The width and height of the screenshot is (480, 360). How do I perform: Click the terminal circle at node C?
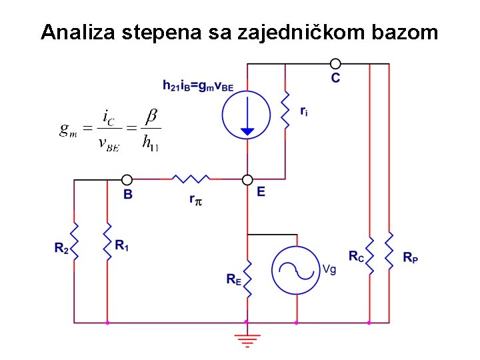(335, 64)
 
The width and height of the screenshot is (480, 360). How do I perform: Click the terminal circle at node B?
(127, 179)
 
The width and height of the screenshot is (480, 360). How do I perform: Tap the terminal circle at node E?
(247, 179)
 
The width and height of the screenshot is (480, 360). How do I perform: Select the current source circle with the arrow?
(247, 113)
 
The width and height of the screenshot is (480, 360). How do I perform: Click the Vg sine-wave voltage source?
(296, 269)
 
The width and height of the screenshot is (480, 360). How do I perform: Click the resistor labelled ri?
(285, 112)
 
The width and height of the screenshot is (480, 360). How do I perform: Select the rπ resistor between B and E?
(191, 179)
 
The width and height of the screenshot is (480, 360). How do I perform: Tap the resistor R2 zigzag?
(75, 241)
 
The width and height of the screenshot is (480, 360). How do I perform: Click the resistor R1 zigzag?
(107, 241)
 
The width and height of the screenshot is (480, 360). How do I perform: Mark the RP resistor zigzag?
(389, 252)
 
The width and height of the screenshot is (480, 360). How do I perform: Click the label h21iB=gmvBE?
(198, 85)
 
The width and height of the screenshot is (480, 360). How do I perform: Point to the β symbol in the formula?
(151, 117)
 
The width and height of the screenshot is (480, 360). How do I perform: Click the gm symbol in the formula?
(68, 129)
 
